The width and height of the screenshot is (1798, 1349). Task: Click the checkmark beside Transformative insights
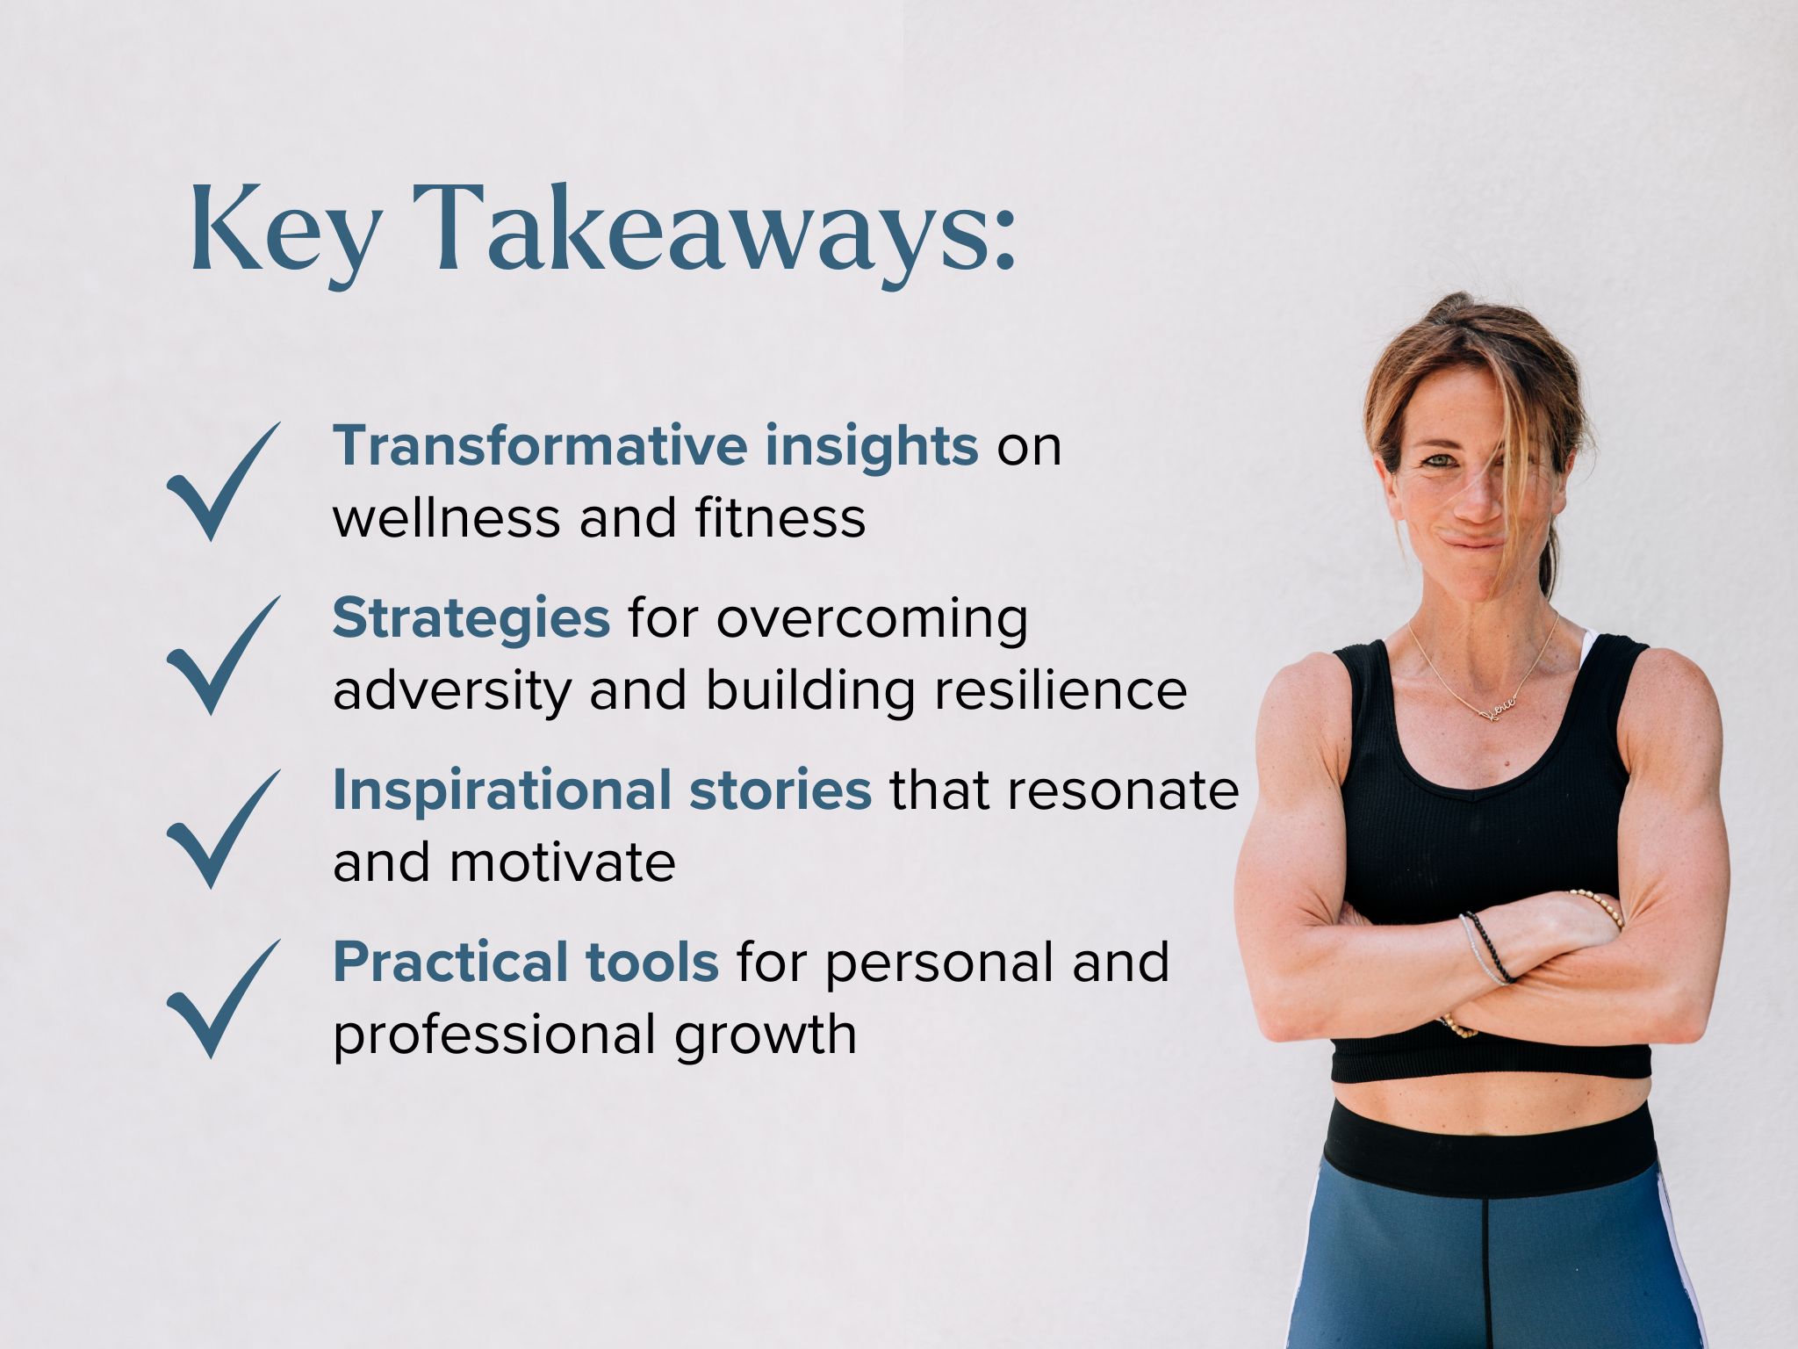pos(223,480)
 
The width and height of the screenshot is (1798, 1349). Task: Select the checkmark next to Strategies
pos(223,654)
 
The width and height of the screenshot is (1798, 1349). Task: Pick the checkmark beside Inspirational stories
pos(223,828)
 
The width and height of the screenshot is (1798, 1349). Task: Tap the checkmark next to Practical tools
pos(223,999)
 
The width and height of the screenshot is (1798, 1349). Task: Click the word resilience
pos(1061,690)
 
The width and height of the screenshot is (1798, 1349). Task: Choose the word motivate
pos(562,863)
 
